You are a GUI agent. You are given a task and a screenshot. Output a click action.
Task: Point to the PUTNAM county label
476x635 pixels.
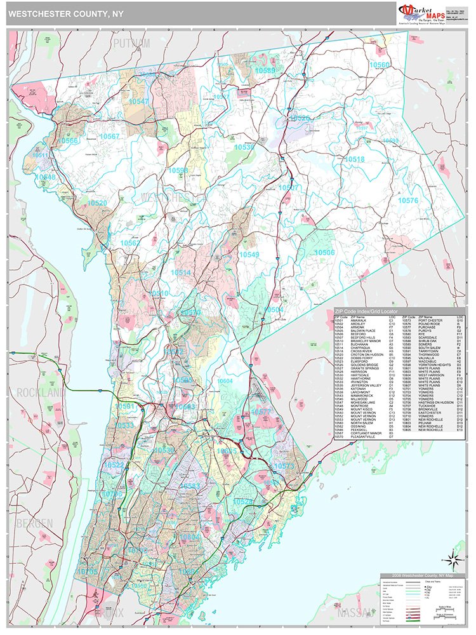(131, 43)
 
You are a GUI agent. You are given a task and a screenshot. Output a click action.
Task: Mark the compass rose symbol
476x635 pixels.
(451, 559)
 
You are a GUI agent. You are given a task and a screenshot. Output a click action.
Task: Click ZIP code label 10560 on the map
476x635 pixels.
(380, 65)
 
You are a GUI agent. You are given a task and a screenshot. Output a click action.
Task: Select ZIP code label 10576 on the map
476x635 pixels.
(409, 201)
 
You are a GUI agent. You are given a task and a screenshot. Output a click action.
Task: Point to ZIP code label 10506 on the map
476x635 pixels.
(324, 252)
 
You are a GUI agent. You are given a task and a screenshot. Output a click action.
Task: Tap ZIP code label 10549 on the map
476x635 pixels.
(249, 255)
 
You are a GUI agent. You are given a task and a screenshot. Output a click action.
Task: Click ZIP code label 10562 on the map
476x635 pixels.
(131, 243)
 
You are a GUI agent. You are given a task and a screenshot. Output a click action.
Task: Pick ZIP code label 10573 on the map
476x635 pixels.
(284, 465)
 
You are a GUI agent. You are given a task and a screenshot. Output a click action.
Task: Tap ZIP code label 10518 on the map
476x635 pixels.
(354, 159)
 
